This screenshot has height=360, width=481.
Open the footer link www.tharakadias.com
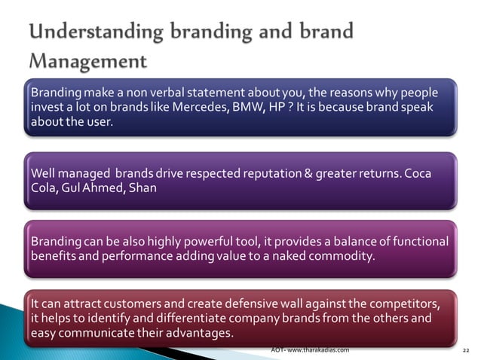tap(317, 350)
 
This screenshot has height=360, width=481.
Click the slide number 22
tap(465, 351)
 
